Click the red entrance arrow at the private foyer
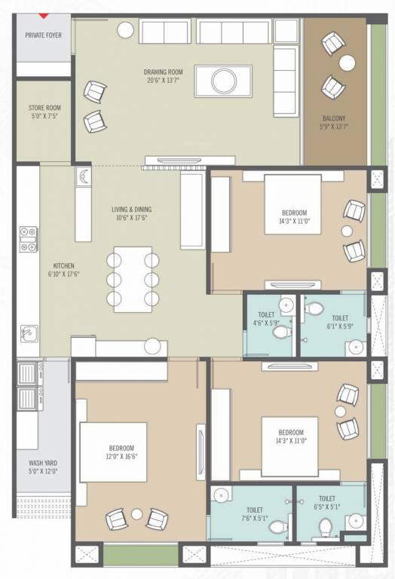click(44, 15)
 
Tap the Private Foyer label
click(43, 35)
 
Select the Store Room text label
click(44, 108)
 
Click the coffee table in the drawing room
click(222, 81)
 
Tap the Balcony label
click(334, 118)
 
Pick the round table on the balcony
click(347, 63)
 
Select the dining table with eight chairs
click(133, 279)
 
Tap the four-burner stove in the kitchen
click(29, 239)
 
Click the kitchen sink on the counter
click(28, 332)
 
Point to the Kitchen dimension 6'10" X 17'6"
click(63, 274)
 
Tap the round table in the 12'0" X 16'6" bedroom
click(136, 514)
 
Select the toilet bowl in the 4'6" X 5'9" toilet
click(280, 332)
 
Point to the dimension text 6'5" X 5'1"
click(327, 507)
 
